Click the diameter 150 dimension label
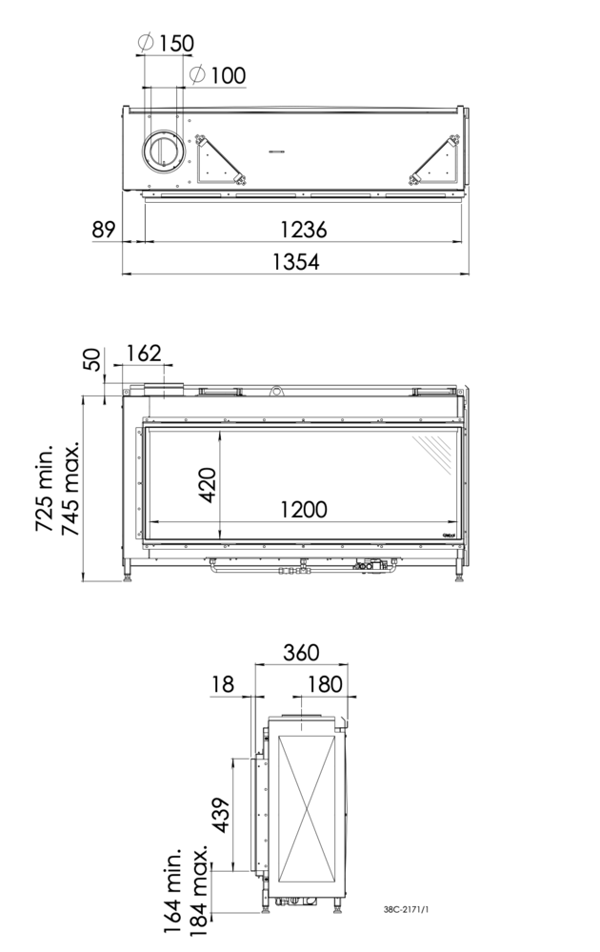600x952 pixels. [166, 43]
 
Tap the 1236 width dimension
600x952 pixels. [303, 230]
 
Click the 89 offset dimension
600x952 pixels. [104, 230]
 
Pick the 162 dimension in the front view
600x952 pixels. [144, 353]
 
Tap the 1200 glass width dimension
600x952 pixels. [303, 510]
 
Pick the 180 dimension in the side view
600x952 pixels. [326, 684]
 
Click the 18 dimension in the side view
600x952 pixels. [222, 684]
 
